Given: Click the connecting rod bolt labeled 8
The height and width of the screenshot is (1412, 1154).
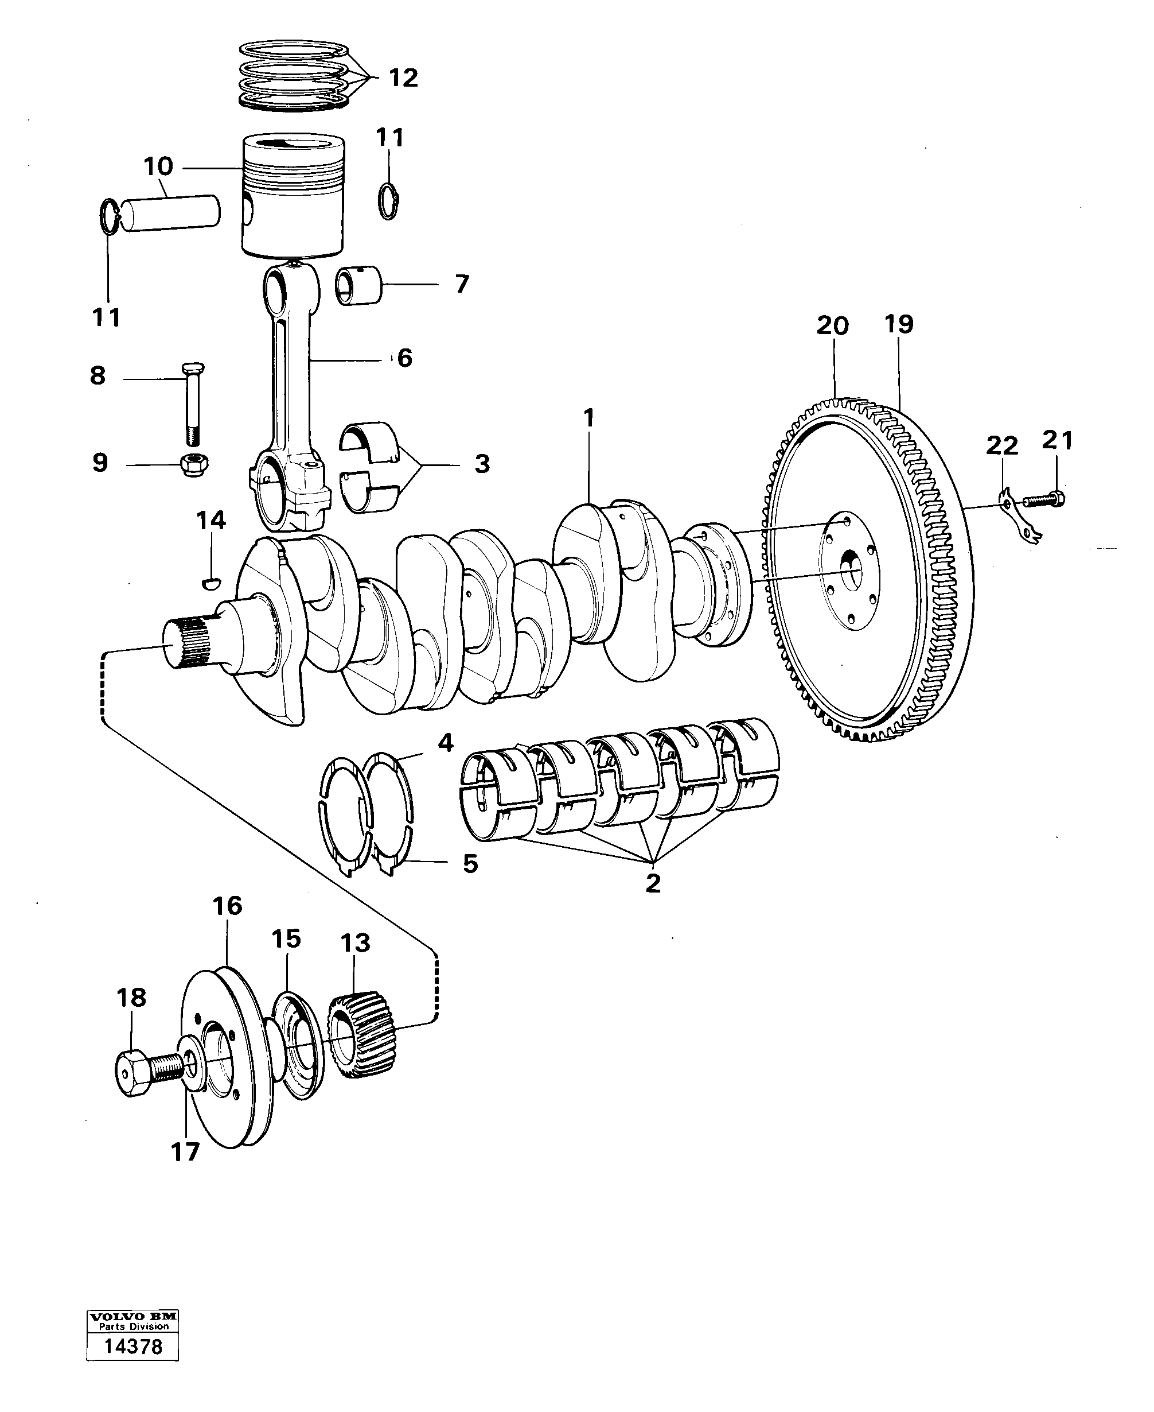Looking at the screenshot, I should (190, 405).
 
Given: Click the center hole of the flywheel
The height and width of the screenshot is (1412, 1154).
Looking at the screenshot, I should (852, 563).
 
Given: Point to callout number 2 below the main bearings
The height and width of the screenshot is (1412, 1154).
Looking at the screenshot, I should (653, 883).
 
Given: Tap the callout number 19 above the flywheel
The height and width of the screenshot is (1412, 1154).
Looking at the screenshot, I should (898, 324).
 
